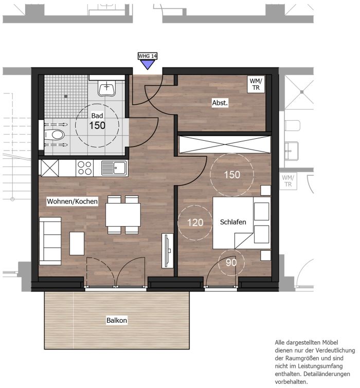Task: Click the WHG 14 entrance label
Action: (x=147, y=56)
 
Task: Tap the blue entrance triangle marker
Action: (x=148, y=64)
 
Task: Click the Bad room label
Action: (x=97, y=116)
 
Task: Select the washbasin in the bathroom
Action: (x=106, y=88)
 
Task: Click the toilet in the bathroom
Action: (x=55, y=135)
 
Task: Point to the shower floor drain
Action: (x=66, y=96)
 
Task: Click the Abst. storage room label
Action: (x=220, y=103)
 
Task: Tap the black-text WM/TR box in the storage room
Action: (x=256, y=84)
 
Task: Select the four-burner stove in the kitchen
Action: (x=85, y=168)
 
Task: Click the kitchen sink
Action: (x=115, y=168)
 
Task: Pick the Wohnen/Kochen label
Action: (x=73, y=201)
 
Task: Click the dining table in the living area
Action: (x=123, y=214)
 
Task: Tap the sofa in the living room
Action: (x=50, y=241)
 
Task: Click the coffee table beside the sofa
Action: (x=77, y=243)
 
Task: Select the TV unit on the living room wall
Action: (x=168, y=250)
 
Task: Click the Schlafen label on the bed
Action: (x=233, y=222)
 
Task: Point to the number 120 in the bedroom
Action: (x=195, y=223)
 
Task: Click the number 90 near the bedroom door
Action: (x=231, y=263)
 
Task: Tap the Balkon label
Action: (x=117, y=320)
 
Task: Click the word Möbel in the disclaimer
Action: (x=330, y=342)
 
